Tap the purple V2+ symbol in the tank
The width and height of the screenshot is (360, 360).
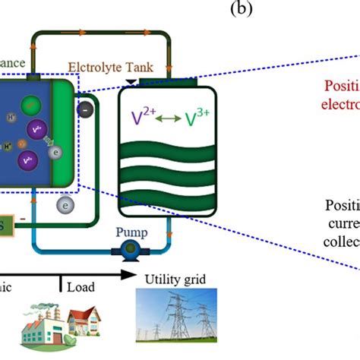coord(141,118)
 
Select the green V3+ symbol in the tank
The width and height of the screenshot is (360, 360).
coord(195,118)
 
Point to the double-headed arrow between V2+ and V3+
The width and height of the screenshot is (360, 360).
coord(168,119)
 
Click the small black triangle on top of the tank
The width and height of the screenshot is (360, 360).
coord(133,80)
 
